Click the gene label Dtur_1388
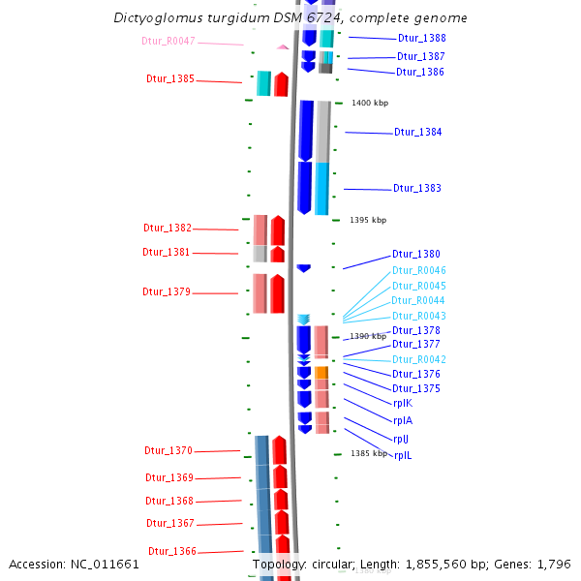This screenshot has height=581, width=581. point(421,38)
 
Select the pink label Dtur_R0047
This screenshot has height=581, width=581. point(168,41)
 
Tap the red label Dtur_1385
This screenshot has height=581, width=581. point(169,78)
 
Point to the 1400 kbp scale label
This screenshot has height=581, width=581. point(370,103)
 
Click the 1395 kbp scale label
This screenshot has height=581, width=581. point(368,220)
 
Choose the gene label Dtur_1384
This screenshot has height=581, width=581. point(417,132)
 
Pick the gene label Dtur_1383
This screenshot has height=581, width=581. point(416,188)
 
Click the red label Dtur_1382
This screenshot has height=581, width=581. point(168,228)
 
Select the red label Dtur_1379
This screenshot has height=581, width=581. point(167,291)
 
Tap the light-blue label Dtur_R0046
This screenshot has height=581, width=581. point(418,270)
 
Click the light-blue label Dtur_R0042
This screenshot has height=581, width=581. point(418,359)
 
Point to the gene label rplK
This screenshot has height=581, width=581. point(403,403)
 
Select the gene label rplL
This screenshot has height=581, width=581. point(403,455)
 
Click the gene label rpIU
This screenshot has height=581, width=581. point(401,439)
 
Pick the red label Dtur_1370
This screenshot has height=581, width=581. point(168,450)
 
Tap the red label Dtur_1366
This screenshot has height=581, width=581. point(171,551)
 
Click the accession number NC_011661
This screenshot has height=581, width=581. point(107,564)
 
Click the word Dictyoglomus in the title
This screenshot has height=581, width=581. point(159,18)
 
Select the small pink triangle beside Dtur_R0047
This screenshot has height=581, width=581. point(283,46)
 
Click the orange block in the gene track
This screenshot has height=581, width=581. point(321,372)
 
